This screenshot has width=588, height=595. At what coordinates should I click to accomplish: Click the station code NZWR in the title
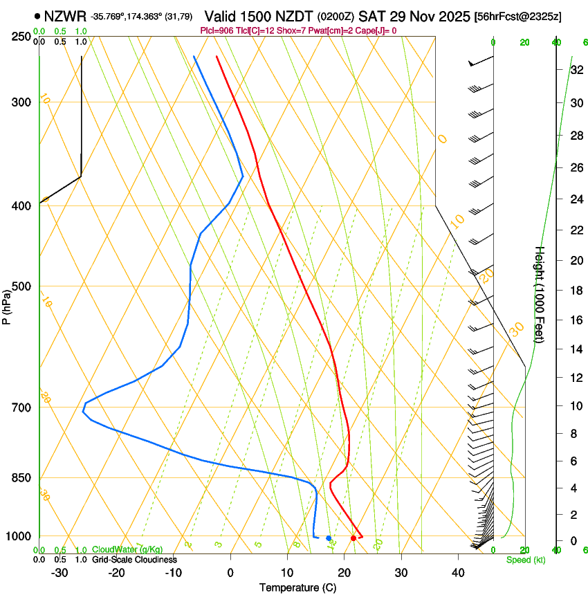(64, 16)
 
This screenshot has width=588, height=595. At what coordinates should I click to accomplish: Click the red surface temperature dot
(353, 538)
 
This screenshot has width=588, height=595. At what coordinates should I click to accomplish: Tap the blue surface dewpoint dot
(329, 538)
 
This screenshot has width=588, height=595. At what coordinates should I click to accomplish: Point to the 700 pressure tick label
(21, 408)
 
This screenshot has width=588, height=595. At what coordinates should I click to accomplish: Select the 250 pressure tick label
(21, 37)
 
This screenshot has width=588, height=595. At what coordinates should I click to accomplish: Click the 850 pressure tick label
(21, 478)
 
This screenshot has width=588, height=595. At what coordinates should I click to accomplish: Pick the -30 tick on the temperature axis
(59, 573)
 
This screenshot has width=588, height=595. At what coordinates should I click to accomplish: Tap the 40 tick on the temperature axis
(457, 573)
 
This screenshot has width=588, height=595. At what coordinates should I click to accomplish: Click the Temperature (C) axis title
(297, 587)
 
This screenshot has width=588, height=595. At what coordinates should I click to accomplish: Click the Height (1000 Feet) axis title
(540, 294)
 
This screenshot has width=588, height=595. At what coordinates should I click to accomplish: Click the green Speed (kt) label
(525, 560)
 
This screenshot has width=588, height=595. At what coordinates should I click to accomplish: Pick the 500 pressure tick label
(21, 286)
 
